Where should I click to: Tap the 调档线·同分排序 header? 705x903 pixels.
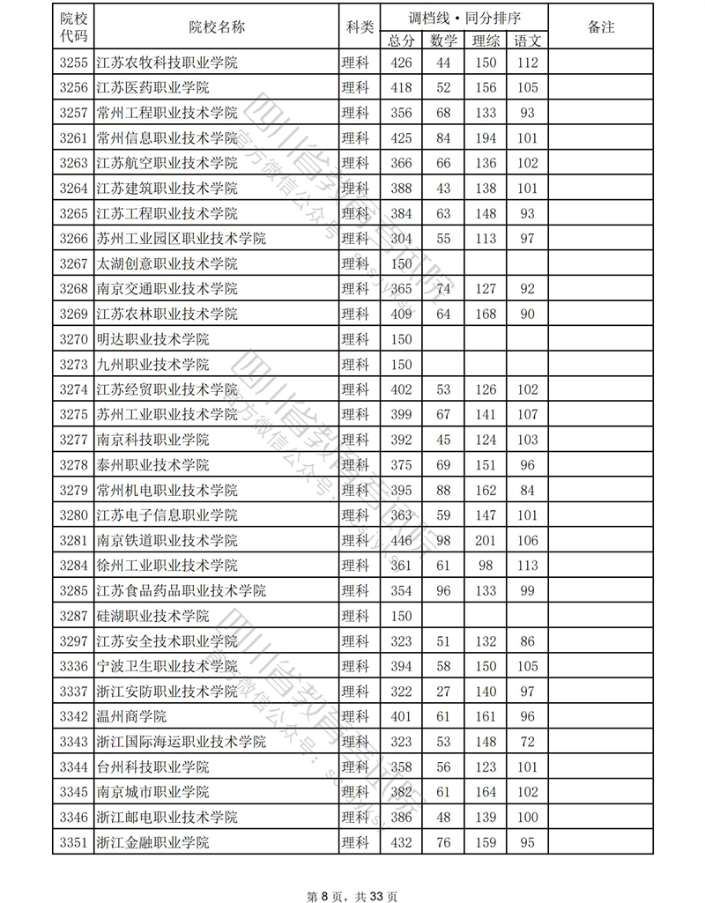pos(464,17)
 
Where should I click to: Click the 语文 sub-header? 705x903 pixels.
pos(528,40)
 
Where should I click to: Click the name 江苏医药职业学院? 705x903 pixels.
pos(152,87)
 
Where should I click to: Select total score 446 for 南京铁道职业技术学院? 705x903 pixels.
pos(401,540)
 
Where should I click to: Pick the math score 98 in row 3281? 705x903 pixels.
pos(443,540)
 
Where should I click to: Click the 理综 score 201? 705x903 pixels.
pos(486,540)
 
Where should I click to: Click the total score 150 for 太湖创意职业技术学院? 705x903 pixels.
pos(401,263)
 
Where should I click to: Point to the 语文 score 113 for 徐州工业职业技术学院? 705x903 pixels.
pos(528,565)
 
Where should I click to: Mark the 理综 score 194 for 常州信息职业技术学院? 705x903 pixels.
pos(486,138)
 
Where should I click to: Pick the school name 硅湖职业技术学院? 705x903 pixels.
pos(152,616)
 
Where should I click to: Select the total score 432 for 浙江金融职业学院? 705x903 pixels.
pos(401,843)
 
